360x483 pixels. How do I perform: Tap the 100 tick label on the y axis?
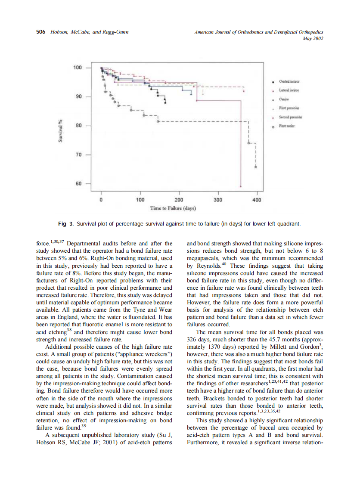tap(77, 68)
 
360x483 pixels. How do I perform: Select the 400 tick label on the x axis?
tap(257, 200)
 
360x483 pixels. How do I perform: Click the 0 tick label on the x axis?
tap(101, 200)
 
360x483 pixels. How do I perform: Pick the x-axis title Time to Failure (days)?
tap(173, 208)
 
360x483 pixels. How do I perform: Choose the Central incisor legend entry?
tap(289, 81)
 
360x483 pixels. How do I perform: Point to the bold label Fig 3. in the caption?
tap(66, 224)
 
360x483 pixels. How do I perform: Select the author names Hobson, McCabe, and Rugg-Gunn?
tap(88, 32)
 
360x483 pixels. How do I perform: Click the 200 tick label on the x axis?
tap(179, 200)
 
